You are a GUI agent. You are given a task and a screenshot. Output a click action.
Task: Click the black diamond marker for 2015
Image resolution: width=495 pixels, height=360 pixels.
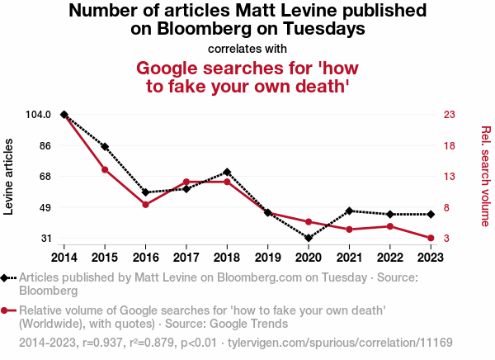point(105,146)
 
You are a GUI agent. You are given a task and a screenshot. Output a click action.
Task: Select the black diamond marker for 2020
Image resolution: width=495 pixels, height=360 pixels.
point(309,238)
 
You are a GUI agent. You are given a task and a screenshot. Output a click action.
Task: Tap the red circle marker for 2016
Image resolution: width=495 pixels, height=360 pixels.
point(145,204)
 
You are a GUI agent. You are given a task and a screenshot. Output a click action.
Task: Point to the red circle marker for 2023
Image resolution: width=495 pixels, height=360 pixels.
point(431,238)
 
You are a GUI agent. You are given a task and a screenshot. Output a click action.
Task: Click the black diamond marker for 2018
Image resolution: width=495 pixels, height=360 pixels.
point(227,172)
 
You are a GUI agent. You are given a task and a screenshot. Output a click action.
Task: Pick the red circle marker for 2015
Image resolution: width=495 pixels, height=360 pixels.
point(105,170)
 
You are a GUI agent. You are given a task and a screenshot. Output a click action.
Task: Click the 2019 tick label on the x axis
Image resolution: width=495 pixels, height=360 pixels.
point(267,257)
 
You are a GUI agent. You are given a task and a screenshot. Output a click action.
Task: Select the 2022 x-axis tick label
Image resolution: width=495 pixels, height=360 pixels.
point(389,257)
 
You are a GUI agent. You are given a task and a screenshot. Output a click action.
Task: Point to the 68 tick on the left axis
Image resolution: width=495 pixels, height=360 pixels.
point(45,176)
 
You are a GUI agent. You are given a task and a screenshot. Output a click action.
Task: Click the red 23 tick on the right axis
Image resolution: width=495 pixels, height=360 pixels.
point(450,114)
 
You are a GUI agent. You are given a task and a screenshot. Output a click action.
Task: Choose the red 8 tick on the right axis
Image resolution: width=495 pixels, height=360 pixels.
point(447,207)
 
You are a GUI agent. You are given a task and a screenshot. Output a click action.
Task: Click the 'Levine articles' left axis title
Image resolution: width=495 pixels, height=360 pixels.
point(9,177)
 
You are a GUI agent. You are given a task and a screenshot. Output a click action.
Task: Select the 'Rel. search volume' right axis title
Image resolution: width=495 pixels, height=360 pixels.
point(485,176)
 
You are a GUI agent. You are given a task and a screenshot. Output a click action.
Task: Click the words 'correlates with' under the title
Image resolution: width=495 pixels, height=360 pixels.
point(247,48)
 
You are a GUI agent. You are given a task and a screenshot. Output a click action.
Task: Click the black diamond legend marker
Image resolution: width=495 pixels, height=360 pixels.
point(7,278)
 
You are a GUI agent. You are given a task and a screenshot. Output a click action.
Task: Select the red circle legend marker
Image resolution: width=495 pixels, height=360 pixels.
point(7,310)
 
